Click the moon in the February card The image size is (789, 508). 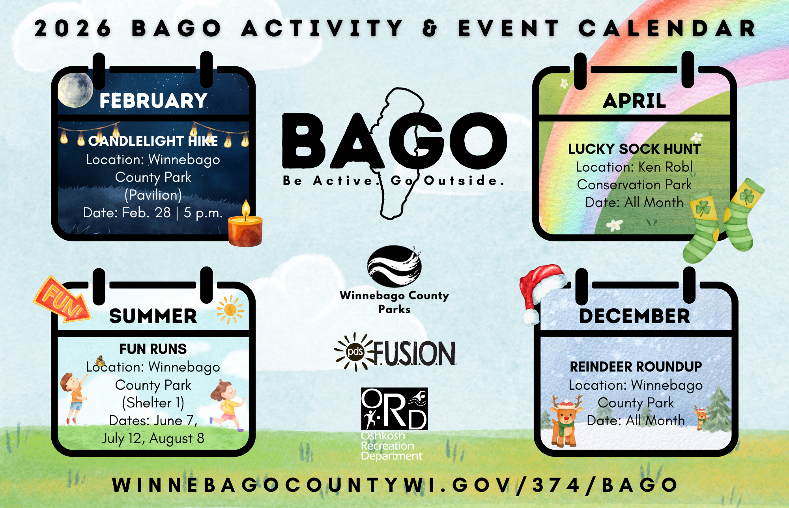pyautogui.click(x=75, y=90)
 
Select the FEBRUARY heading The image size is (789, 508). pyautogui.click(x=153, y=101)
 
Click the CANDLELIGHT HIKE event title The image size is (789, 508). pyautogui.click(x=153, y=141)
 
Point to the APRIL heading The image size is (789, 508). pyautogui.click(x=634, y=101)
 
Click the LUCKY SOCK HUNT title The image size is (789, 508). pyautogui.click(x=634, y=149)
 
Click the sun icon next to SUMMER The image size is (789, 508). pyautogui.click(x=230, y=310)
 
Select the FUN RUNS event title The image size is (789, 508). pyautogui.click(x=153, y=349)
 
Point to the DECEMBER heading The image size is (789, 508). pyautogui.click(x=635, y=316)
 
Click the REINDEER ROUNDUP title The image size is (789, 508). pyautogui.click(x=636, y=367)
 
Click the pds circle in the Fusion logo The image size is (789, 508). pyautogui.click(x=355, y=351)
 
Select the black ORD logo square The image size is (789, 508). pyautogui.click(x=394, y=409)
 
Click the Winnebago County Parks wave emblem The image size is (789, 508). pyautogui.click(x=394, y=266)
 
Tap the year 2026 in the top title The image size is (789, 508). pyautogui.click(x=73, y=28)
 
